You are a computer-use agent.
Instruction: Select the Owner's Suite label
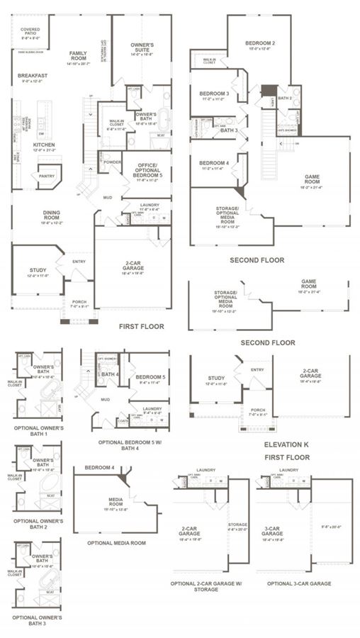pyautogui.click(x=142, y=48)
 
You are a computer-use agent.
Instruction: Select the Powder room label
pyautogui.click(x=112, y=161)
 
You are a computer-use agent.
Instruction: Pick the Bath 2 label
pyautogui.click(x=285, y=99)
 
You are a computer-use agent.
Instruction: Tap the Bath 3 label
pyautogui.click(x=228, y=130)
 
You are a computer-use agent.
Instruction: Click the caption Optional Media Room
pyautogui.click(x=117, y=542)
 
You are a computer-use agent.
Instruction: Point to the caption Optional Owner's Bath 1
pyautogui.click(x=38, y=431)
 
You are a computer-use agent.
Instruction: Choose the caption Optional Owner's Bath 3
pyautogui.click(x=38, y=620)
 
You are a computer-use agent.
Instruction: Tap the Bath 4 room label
pyautogui.click(x=109, y=374)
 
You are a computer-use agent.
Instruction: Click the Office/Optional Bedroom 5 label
pyautogui.click(x=147, y=171)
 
